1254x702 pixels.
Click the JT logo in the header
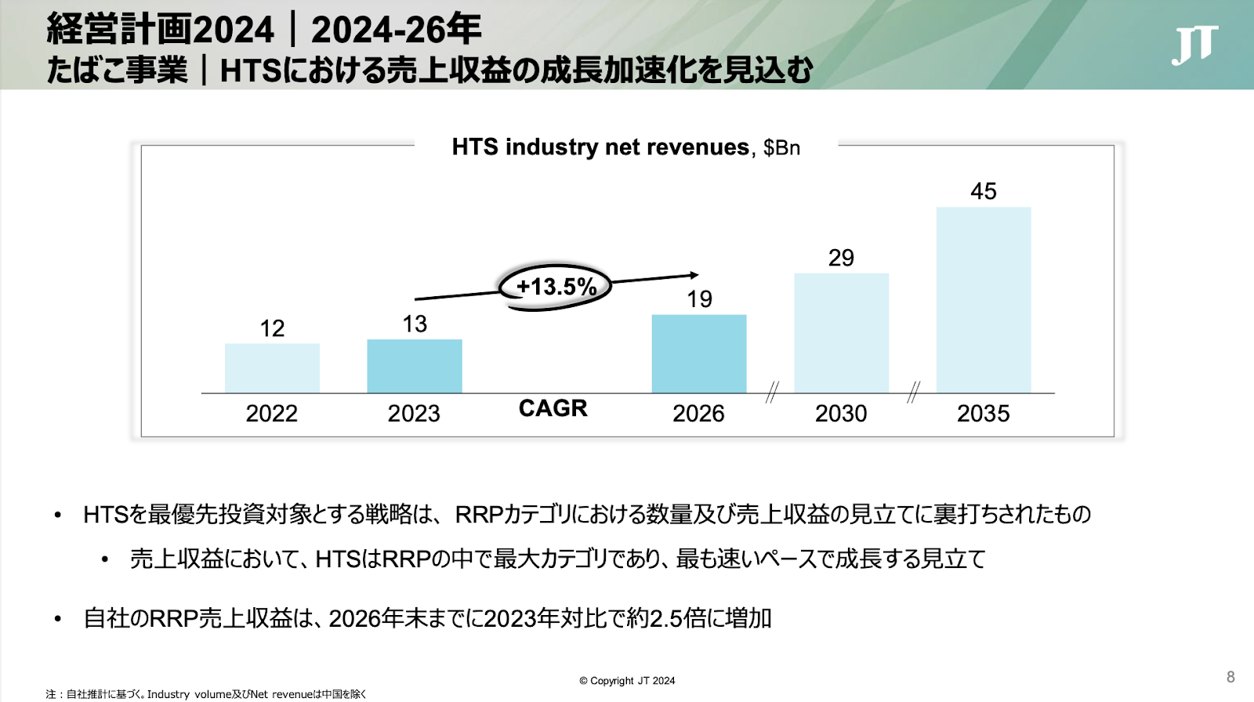[1194, 45]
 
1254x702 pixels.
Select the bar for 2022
[272, 368]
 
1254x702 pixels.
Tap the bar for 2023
[415, 366]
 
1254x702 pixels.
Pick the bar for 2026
[699, 354]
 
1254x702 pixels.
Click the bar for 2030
[841, 333]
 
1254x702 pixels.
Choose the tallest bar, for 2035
[984, 300]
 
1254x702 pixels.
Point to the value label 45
[984, 191]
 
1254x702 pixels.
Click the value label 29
[841, 258]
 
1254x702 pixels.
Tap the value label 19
[699, 299]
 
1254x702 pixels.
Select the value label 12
[272, 328]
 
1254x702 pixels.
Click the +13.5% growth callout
[556, 287]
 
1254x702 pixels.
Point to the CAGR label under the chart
[553, 408]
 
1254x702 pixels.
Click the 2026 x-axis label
[698, 414]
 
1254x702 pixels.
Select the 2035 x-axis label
[983, 414]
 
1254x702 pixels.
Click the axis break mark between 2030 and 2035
[913, 392]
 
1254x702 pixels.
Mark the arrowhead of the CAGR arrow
[694, 275]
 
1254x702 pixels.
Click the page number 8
[1230, 677]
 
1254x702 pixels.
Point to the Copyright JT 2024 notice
[627, 681]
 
